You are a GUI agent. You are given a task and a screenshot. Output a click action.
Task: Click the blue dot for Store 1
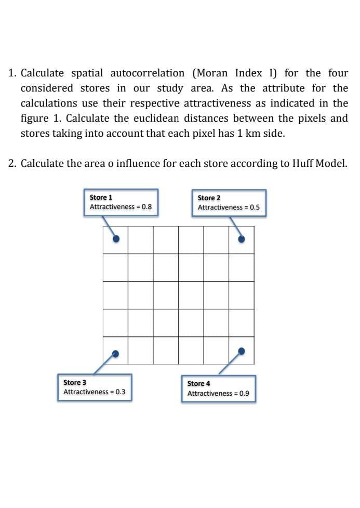[116, 239]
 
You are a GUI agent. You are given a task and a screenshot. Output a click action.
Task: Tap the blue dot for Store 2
[241, 239]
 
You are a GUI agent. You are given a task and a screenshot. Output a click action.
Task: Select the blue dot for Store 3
[116, 353]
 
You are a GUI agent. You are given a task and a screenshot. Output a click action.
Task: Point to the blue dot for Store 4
[241, 351]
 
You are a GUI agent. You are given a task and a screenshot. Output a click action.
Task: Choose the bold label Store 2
[209, 198]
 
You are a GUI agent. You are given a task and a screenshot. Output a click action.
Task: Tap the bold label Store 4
[198, 383]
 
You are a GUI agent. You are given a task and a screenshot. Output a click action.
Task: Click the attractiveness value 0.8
[146, 206]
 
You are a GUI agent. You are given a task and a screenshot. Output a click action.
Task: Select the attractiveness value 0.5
[255, 207]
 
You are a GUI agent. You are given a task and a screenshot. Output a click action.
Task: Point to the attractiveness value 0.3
[120, 392]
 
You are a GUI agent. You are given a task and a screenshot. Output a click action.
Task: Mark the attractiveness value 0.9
[244, 393]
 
